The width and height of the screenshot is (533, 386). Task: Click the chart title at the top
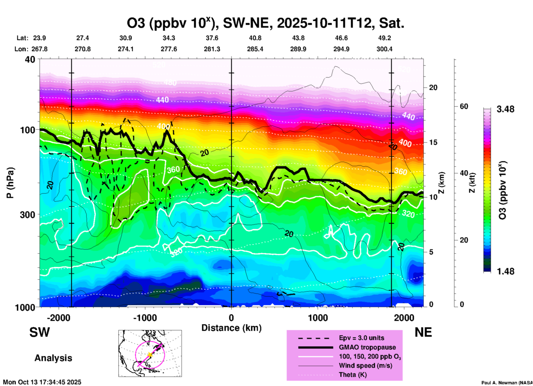pos(265,23)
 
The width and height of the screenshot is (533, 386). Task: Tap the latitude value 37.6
pos(212,38)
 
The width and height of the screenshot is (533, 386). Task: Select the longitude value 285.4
pos(255,49)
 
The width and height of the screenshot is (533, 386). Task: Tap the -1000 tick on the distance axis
pos(145,318)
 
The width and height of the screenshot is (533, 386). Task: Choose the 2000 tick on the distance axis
pos(404,318)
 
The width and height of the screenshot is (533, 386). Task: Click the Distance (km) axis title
pos(231,328)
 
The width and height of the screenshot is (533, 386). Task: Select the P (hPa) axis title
pos(10,183)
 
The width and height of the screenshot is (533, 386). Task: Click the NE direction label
pos(423,332)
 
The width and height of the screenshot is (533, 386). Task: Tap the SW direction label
pos(40,332)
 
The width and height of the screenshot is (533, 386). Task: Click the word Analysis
pos(53,358)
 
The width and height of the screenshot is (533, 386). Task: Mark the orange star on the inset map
pos(150,355)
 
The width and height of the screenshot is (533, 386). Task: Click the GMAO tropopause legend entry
pos(367,347)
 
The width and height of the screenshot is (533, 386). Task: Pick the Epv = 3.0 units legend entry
pos(361,338)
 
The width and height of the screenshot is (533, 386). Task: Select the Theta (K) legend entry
pos(353,375)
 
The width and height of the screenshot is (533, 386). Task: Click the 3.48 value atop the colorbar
pos(505,109)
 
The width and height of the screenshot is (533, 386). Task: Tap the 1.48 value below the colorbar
pos(505,271)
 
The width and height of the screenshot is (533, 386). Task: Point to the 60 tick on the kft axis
pos(464,106)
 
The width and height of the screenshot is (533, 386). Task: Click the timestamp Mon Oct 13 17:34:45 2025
pos(42,382)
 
